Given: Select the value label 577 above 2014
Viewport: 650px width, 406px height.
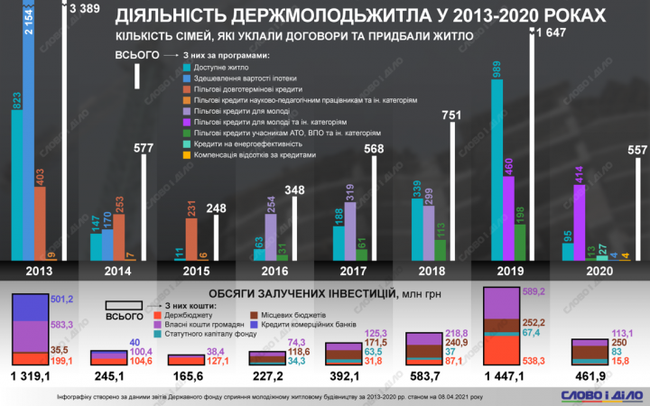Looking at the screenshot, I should tap(144, 148).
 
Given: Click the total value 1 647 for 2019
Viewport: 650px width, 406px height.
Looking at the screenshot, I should tap(551, 33).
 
